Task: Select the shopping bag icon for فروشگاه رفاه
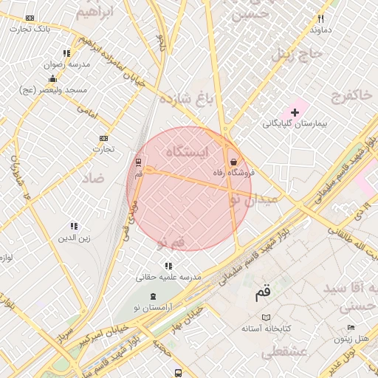coord(234,161)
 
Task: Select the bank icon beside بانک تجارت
coord(30,18)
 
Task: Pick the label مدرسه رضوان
coord(68,65)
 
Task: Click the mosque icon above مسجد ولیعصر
coord(52,78)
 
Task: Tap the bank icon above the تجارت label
coord(103,138)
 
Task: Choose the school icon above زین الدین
coord(74,226)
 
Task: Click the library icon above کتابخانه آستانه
coord(266,317)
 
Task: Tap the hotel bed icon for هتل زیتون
coord(351,328)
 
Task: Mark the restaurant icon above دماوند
coord(320,18)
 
